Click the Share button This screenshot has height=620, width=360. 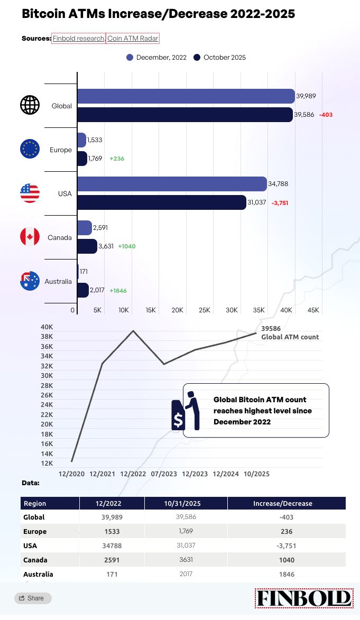pos(33,598)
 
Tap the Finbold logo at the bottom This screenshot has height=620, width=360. pos(304,598)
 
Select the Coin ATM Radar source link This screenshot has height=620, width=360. pos(133,38)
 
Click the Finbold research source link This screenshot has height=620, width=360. pos(78,38)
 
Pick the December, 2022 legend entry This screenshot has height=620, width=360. pos(156,58)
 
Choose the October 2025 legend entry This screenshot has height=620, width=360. pos(219,58)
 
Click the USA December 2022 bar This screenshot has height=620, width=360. pos(172,184)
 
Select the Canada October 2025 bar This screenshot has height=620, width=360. pos(87,246)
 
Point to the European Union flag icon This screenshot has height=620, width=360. pos(30,149)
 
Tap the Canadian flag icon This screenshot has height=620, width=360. pos(30,237)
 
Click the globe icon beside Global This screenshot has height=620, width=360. pos(30,105)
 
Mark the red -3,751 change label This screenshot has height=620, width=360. pos(280,202)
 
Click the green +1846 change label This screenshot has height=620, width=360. pos(118,291)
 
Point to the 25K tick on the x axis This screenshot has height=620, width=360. pos(204,310)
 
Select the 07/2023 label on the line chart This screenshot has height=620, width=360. pos(164,474)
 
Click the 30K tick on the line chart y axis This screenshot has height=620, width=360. pos(47,376)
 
